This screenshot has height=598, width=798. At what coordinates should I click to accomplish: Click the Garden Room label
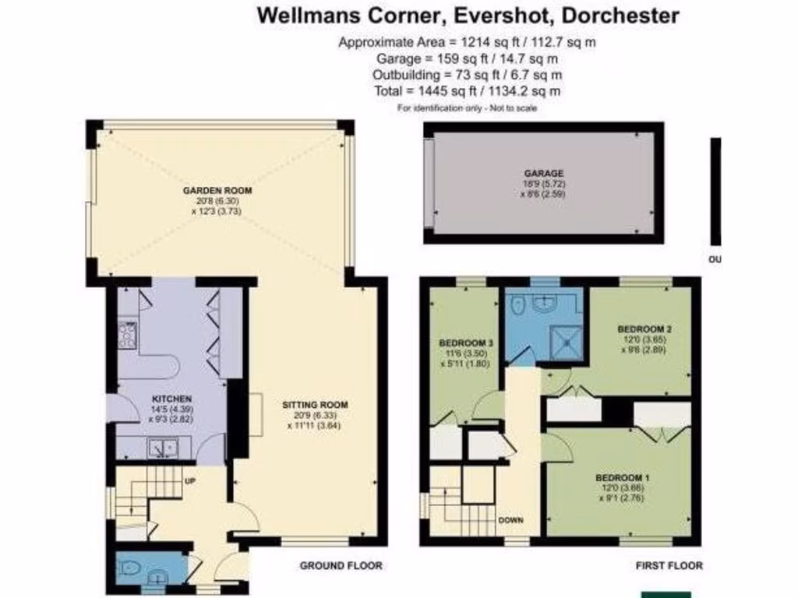[x=217, y=190]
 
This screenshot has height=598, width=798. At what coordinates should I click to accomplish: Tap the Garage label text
[x=544, y=174]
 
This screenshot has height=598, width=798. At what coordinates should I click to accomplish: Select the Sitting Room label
[x=315, y=405]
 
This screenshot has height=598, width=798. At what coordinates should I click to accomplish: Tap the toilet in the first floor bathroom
[x=516, y=308]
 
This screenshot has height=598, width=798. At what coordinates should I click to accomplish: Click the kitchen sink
[x=164, y=448]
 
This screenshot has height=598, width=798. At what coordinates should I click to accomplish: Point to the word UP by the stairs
[x=189, y=480]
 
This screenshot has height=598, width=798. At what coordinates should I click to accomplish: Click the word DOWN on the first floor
[x=510, y=520]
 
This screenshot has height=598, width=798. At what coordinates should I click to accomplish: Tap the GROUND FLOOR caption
[x=341, y=565]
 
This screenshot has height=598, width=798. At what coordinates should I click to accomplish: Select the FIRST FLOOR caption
[x=669, y=565]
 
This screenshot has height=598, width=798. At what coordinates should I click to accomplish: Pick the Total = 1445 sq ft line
[x=468, y=91]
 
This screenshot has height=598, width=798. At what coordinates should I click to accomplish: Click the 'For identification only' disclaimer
[x=468, y=108]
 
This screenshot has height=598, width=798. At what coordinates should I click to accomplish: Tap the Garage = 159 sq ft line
[x=468, y=58]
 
